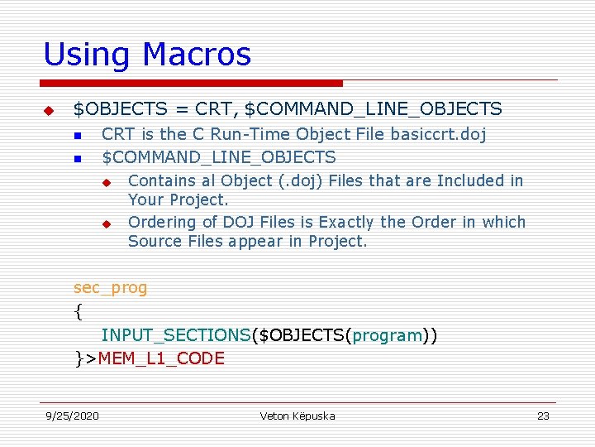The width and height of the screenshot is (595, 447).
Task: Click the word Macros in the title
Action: point(197,55)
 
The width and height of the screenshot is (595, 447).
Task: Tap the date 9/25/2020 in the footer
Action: point(72,416)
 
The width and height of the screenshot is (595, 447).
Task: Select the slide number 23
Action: point(543,416)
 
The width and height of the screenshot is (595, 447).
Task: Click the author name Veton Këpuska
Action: point(297,416)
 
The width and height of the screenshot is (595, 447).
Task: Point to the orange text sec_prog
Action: point(110,288)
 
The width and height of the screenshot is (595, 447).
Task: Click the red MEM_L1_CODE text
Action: point(161,358)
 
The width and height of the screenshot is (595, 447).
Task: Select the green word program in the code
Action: point(388,335)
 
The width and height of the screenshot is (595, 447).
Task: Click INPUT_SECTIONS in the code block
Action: point(175,335)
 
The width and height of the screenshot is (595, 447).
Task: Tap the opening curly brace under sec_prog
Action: point(78,312)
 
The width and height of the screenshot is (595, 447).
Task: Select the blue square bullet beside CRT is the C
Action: point(78,135)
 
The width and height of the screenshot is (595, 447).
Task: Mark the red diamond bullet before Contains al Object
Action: point(106,181)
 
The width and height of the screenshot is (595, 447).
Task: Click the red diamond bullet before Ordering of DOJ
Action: point(106,223)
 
